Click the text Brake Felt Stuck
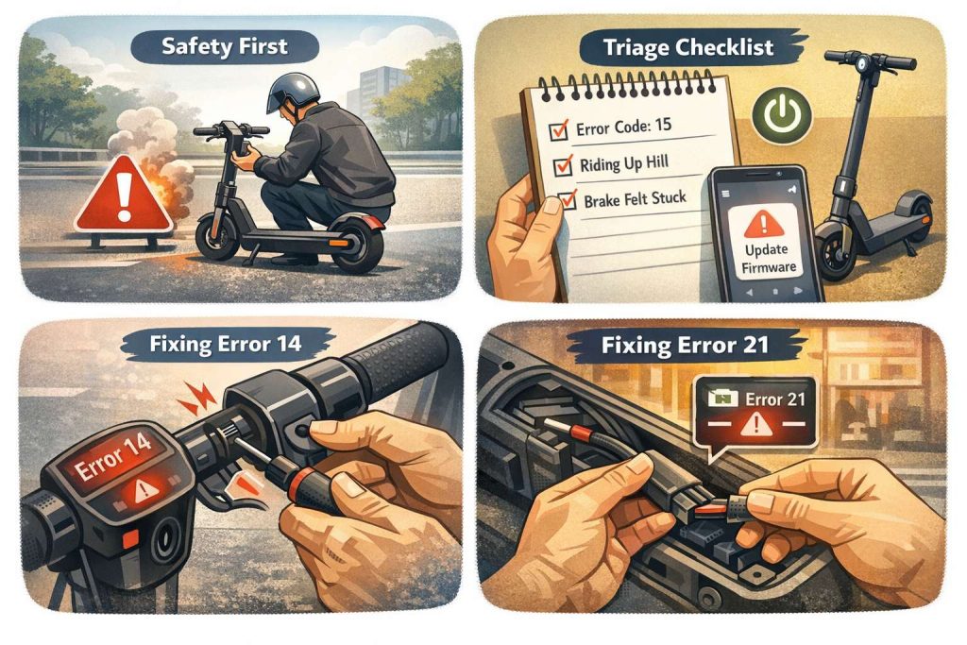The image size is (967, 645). coord(636,199)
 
